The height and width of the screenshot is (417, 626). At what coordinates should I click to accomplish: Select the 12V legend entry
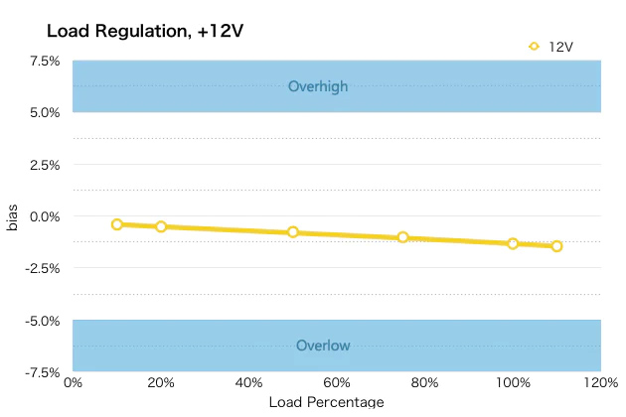click(552, 46)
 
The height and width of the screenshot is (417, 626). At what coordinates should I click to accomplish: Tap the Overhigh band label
click(318, 86)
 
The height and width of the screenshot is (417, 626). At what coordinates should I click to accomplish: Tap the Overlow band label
click(323, 346)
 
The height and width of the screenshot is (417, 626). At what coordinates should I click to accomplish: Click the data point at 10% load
click(117, 224)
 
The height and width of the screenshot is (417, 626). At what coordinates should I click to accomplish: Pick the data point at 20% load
click(161, 226)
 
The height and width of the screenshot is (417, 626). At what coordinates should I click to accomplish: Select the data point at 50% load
click(293, 232)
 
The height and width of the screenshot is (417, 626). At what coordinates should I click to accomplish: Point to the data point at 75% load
click(402, 237)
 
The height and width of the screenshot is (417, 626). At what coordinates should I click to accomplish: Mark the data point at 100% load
click(513, 243)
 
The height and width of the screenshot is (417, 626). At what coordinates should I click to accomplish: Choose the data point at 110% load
click(556, 246)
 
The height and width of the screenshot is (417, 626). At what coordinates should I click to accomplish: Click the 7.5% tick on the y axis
click(45, 61)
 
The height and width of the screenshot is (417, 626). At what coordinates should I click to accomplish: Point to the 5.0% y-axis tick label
click(45, 112)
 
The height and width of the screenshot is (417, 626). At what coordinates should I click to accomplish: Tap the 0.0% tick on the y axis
click(45, 216)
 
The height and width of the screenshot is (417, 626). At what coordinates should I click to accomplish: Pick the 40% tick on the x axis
click(248, 383)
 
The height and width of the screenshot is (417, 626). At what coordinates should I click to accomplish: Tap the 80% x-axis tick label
click(424, 383)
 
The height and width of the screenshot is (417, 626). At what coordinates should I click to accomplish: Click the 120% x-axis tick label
click(599, 383)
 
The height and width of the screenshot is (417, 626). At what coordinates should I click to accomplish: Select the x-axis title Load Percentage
click(326, 402)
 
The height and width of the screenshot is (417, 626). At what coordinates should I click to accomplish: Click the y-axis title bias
click(13, 216)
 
